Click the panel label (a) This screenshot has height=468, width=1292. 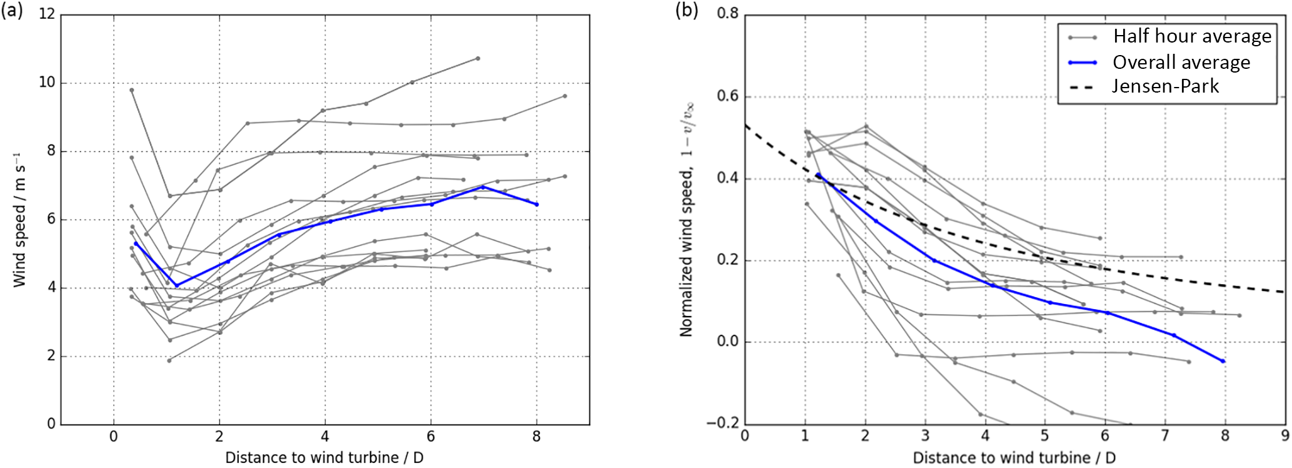point(12,13)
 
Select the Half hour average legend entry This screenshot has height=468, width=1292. point(1191,36)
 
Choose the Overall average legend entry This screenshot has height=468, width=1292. point(1181,63)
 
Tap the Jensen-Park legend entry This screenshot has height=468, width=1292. point(1165,86)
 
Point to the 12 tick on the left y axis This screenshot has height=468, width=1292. point(46,14)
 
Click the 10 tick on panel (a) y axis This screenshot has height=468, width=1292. point(46,83)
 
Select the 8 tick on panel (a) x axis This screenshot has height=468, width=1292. point(536,436)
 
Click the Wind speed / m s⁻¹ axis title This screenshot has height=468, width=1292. point(20,219)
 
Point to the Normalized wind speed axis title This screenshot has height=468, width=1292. point(687,219)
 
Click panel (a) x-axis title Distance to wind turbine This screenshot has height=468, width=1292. point(324,457)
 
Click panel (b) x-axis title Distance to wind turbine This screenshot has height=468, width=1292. point(1014,457)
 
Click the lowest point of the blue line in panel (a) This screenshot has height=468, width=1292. point(177,285)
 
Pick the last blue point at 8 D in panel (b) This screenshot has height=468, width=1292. point(1223,361)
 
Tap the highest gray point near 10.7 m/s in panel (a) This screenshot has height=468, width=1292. point(478,58)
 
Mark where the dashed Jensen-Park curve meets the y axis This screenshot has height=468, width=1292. point(745,125)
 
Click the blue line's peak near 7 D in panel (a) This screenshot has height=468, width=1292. point(483,186)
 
